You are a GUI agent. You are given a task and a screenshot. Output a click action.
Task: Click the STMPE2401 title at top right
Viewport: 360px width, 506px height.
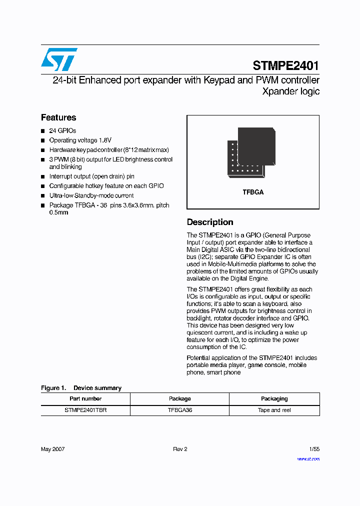tap(285, 65)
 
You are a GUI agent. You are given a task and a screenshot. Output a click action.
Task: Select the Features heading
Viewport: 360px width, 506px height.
tap(58, 117)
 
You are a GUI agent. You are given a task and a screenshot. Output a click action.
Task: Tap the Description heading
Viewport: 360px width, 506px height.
tap(210, 222)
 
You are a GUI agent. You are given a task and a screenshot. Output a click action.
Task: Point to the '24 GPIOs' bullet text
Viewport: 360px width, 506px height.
tap(62, 130)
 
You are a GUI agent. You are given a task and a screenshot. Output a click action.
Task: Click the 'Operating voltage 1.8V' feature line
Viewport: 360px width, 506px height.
tap(80, 140)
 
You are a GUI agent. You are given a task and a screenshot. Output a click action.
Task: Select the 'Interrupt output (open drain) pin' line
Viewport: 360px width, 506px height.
tap(91, 176)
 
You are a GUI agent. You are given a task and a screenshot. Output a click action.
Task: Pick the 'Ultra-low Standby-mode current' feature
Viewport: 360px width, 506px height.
tap(91, 195)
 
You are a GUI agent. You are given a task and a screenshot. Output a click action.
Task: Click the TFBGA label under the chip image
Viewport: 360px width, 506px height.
tap(253, 192)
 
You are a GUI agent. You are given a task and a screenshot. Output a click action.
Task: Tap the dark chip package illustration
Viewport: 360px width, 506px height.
tap(251, 152)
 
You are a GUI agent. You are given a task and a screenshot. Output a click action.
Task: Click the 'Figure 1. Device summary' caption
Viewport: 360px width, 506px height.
tap(81, 388)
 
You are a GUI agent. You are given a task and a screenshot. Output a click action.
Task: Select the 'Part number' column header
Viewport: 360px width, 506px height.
tap(85, 398)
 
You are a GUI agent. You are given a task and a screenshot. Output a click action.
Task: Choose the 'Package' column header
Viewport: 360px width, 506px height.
tap(179, 398)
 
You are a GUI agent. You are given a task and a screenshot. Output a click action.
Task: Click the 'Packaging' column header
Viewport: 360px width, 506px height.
tap(274, 398)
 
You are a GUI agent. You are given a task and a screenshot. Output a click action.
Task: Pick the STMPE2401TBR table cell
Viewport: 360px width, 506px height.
tap(85, 410)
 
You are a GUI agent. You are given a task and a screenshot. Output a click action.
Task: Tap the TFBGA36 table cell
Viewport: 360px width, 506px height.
tap(179, 410)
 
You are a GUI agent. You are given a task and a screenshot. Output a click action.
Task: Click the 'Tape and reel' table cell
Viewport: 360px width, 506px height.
tap(274, 410)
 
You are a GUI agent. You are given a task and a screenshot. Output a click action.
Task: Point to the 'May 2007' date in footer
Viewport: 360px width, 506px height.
tap(52, 449)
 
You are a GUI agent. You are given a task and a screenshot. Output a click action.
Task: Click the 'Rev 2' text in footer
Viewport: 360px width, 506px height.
tap(180, 449)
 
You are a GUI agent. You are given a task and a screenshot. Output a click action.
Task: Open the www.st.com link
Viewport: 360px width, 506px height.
tap(308, 458)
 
